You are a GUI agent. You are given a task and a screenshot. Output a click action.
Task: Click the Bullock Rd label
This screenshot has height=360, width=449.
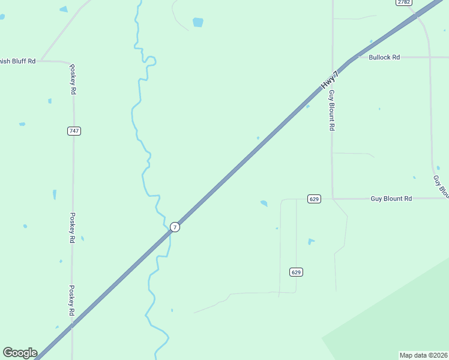coord(384,58)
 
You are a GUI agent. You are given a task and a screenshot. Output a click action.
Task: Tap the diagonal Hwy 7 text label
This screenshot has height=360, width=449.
coord(330,80)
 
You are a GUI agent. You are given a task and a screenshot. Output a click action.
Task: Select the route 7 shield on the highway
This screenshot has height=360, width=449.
coord(175,227)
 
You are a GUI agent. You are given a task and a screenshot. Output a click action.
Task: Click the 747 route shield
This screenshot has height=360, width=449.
coord(74,131)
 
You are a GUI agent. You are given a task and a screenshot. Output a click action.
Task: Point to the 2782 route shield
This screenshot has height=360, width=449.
coord(403,2)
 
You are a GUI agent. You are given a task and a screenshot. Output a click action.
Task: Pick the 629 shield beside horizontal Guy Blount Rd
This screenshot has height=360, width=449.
coord(314,199)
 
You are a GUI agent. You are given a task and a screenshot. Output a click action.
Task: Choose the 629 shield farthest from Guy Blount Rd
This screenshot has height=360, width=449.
coord(295,272)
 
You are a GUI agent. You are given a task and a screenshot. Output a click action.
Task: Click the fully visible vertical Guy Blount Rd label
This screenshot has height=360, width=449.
coord(331,110)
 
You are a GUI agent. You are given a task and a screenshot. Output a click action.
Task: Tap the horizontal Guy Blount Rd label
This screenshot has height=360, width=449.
coord(391,199)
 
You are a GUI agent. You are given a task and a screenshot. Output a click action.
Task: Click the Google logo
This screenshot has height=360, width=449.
coord(20,353)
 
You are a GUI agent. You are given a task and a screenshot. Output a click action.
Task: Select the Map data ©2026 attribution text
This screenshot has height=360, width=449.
coord(423,355)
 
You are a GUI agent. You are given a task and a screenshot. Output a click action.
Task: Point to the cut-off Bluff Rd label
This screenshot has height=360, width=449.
coord(18,61)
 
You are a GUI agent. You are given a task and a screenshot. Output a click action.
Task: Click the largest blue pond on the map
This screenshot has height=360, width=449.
coord(197,22)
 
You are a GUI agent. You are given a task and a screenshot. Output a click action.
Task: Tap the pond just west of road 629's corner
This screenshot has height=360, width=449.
coord(264,203)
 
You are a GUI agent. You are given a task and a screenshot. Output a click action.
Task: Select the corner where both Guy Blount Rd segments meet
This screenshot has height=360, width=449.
coord(333,199)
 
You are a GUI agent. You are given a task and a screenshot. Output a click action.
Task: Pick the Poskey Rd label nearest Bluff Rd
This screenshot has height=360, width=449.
coord(73,79)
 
